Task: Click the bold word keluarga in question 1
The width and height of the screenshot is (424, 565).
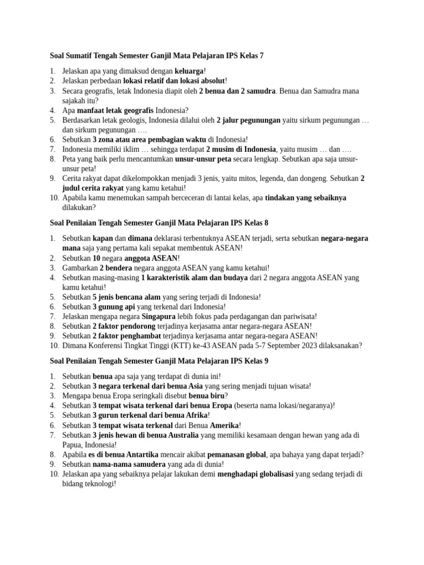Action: point(189,71)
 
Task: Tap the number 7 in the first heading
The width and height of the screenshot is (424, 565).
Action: point(262,56)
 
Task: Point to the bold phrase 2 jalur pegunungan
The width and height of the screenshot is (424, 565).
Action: point(248,120)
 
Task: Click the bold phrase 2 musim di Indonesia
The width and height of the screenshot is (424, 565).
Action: point(240,150)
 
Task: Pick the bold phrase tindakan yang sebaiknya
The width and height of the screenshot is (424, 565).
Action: point(306,198)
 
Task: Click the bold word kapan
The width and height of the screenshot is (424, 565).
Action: point(103,238)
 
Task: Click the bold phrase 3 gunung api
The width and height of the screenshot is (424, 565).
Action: point(114,307)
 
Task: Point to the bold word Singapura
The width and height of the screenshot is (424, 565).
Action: point(159,317)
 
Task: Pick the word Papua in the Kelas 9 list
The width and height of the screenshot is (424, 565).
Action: point(72,445)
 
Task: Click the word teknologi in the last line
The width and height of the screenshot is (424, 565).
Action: point(98,484)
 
